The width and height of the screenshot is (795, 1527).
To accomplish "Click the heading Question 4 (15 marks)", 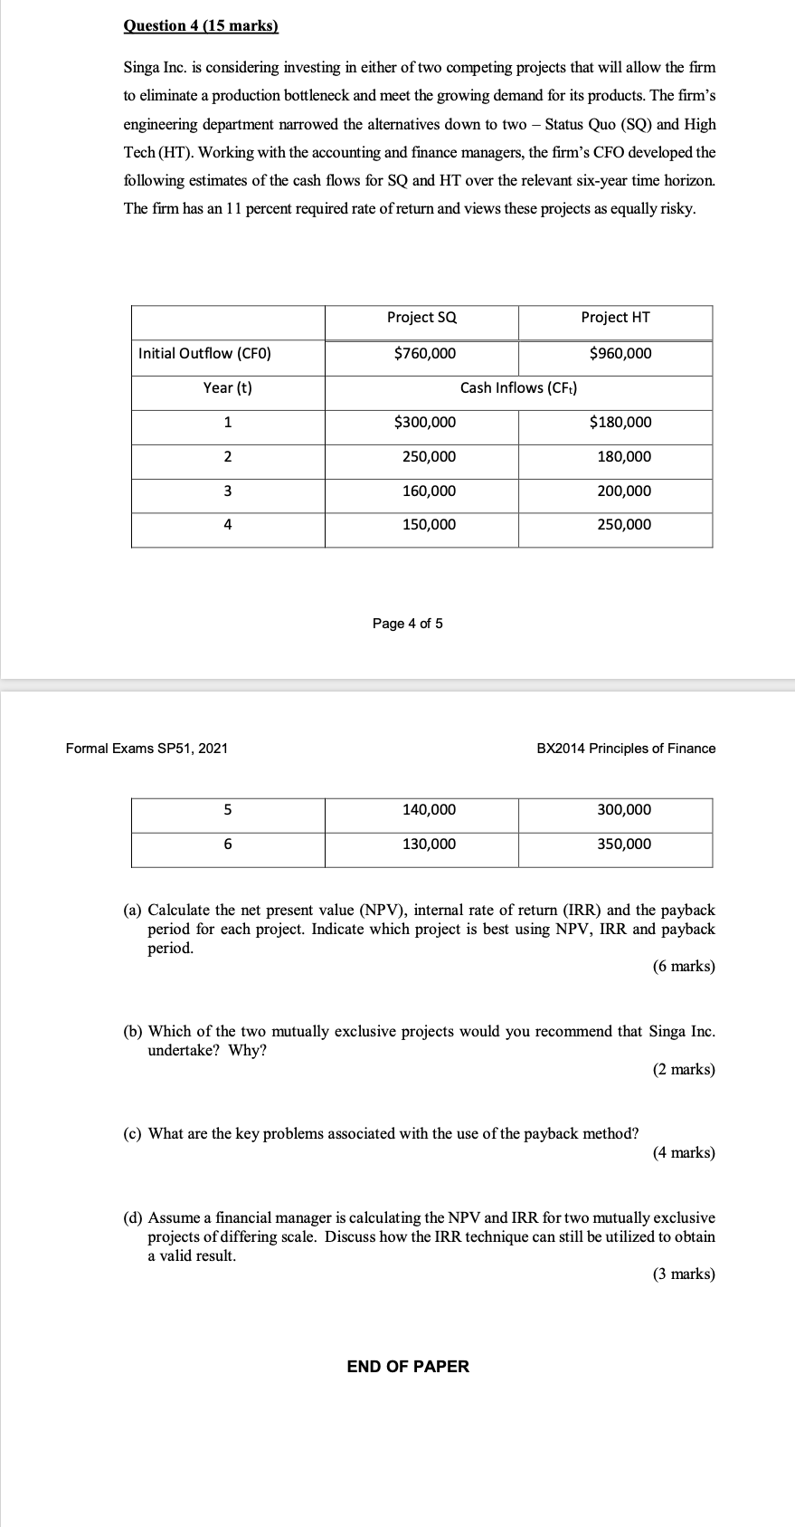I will pos(201,26).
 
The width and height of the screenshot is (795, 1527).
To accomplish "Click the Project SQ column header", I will pos(421,318).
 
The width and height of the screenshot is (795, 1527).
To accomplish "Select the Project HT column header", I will pos(615,318).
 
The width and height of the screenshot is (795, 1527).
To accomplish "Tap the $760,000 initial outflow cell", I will pos(425,354).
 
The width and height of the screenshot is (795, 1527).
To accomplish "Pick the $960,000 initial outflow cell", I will pos(620,354).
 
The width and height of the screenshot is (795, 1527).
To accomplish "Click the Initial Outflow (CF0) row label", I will pos(204,354).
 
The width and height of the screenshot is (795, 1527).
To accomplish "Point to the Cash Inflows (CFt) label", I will pos(518,388).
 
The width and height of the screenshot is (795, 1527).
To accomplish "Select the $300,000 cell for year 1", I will pos(425,423).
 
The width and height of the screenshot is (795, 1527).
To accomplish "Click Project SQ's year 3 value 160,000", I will pos(429,492).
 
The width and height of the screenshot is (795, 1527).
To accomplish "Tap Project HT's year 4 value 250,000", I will pos(623,525).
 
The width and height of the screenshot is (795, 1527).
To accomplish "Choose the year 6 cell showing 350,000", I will pos(623,845).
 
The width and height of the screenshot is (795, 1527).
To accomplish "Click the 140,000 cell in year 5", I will pos(429,810).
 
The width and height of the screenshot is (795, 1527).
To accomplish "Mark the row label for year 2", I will pos(227,457).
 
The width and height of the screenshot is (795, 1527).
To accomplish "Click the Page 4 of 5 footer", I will pos(408,624).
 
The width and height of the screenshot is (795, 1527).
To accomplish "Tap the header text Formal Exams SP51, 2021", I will pos(147,749).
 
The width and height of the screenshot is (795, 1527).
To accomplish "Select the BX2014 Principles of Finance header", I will pos(626,749).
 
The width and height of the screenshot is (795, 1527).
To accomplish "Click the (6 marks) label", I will pos(683,967).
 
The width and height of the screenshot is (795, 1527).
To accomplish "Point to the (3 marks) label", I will pos(683,1274).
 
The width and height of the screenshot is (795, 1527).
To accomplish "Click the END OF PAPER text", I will pos(408,1367).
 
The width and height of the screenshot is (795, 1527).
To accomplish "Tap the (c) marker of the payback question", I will pos(132,1134).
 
